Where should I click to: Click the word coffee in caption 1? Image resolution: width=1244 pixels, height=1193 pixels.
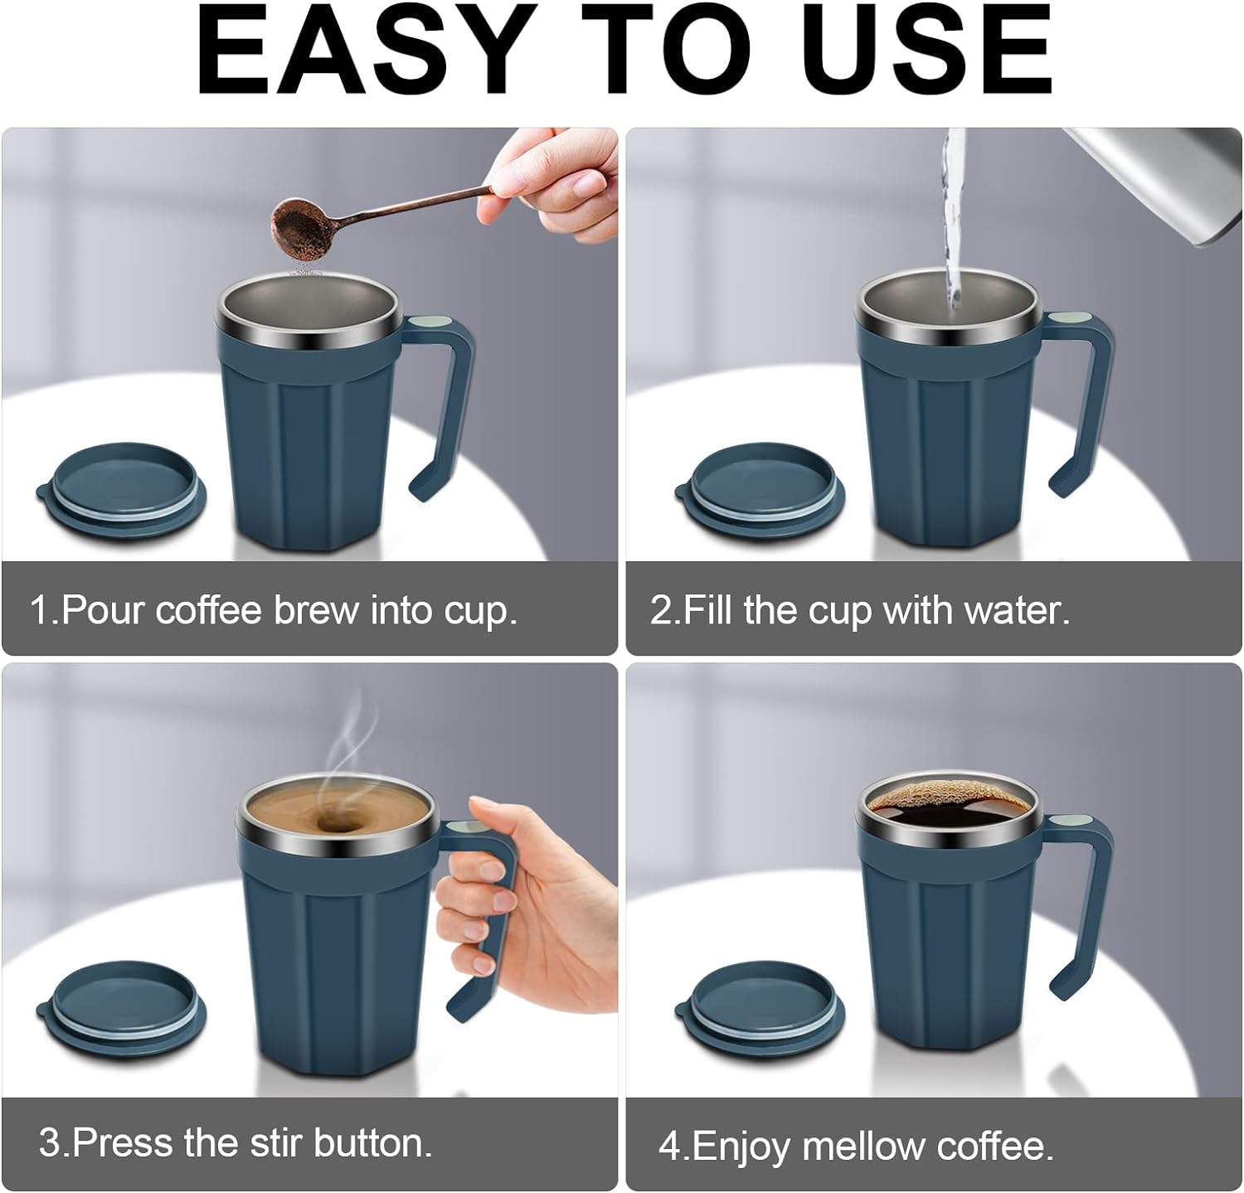[209, 610]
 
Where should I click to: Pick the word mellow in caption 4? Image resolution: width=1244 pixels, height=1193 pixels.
[864, 1147]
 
